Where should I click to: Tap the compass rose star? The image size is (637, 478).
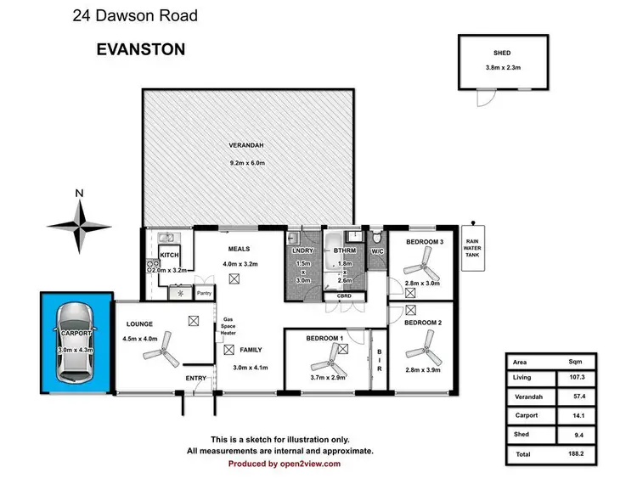(79, 225)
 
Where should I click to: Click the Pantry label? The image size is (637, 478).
(203, 294)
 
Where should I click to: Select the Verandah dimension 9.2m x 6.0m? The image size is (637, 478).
(247, 163)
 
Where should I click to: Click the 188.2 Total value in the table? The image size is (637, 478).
(578, 454)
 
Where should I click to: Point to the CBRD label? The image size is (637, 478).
(344, 297)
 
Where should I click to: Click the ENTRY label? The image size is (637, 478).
(196, 380)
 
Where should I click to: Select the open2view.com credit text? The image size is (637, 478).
(285, 464)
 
